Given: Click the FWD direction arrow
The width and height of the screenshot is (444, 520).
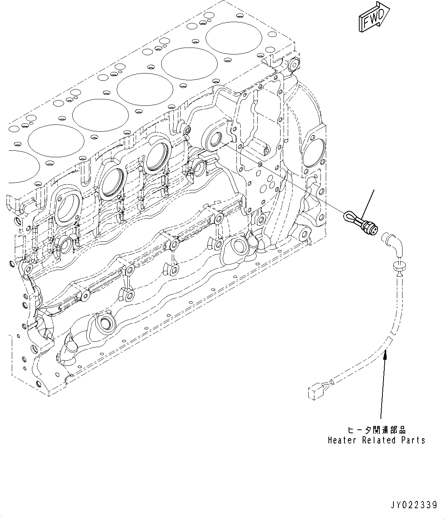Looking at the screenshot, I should (374, 17).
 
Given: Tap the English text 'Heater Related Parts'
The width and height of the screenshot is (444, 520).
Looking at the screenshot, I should (376, 440).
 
